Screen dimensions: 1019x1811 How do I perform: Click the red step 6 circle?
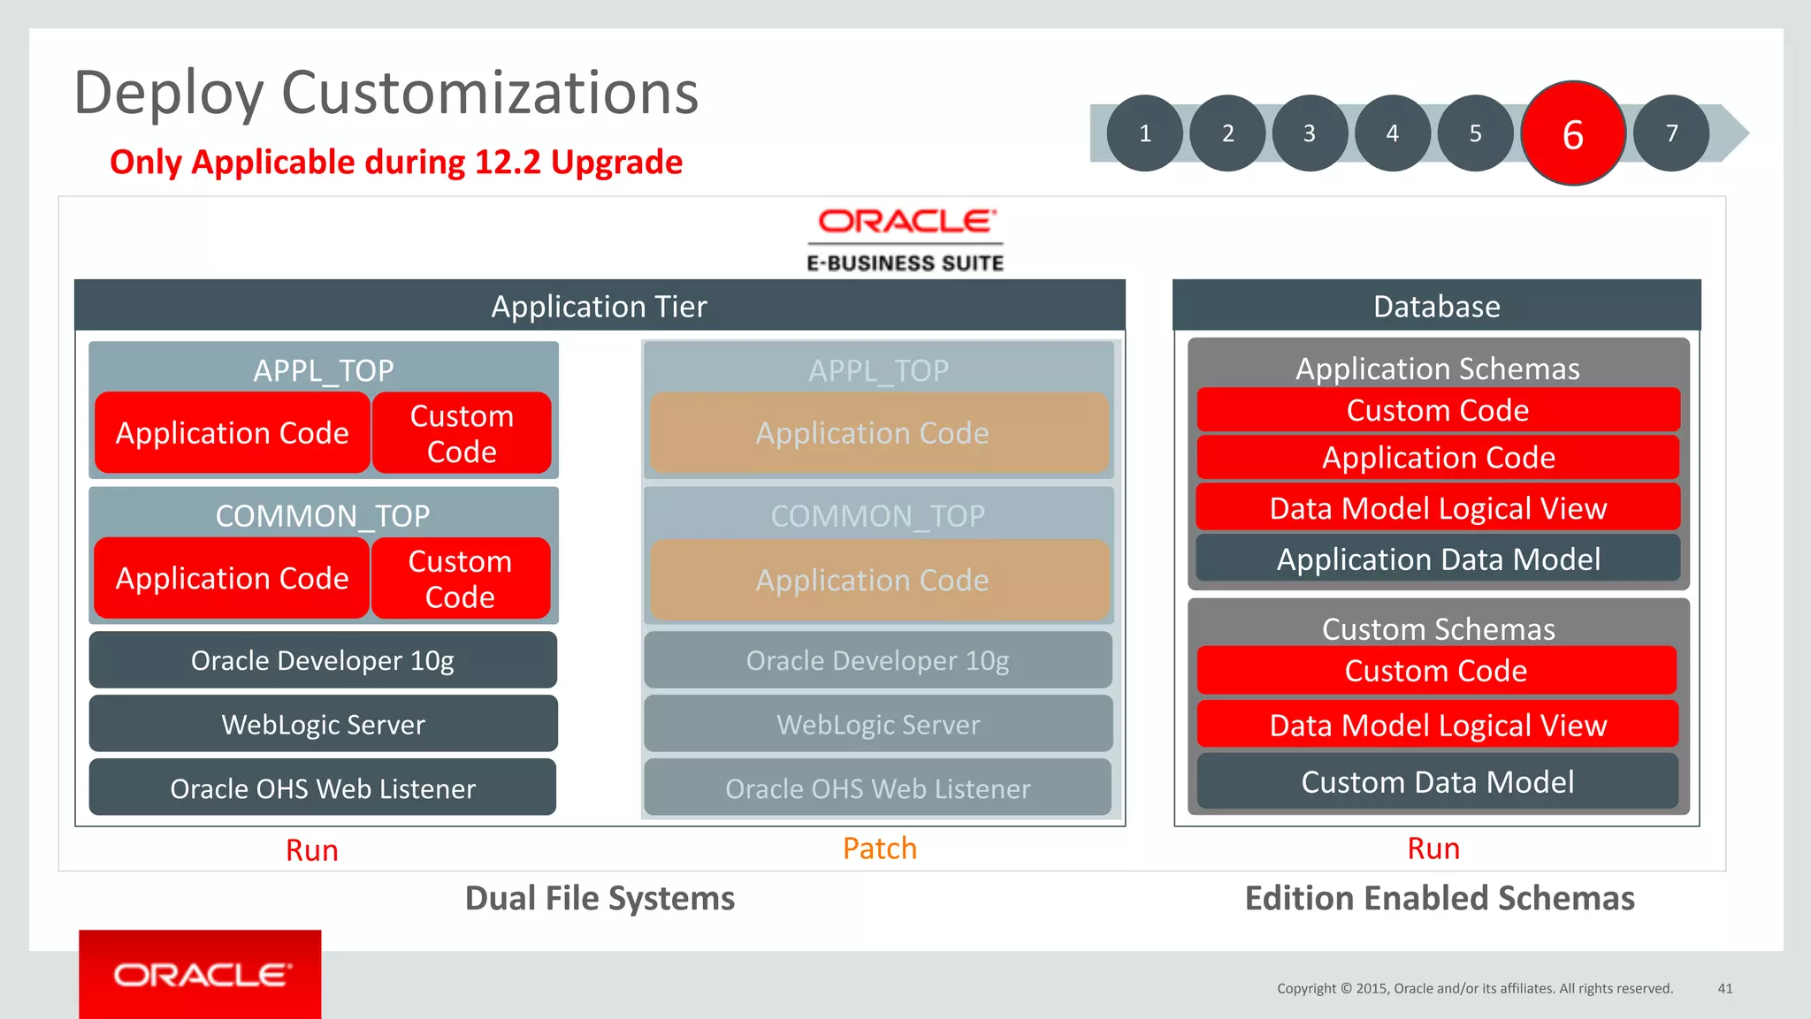pyautogui.click(x=1572, y=133)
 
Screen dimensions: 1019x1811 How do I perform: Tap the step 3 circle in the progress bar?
pyautogui.click(x=1310, y=133)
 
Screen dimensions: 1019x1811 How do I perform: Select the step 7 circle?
pyautogui.click(x=1671, y=133)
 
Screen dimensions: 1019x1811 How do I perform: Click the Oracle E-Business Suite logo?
pyautogui.click(x=905, y=240)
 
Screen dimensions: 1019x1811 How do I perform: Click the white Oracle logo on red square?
pyautogui.click(x=201, y=974)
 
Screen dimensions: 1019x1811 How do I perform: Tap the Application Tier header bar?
pyautogui.click(x=600, y=306)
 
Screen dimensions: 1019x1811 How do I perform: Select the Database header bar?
pyautogui.click(x=1436, y=306)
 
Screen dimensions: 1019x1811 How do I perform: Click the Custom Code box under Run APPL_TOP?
pyautogui.click(x=462, y=433)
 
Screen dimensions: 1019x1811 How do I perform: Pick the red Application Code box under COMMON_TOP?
pyautogui.click(x=232, y=578)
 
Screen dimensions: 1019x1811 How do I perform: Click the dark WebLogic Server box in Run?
pyautogui.click(x=323, y=724)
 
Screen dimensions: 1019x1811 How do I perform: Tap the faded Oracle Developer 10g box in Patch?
pyautogui.click(x=877, y=660)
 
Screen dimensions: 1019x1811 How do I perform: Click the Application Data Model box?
pyautogui.click(x=1438, y=559)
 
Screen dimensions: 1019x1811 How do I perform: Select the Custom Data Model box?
pyautogui.click(x=1438, y=781)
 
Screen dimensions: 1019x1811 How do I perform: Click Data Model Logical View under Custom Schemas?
pyautogui.click(x=1438, y=725)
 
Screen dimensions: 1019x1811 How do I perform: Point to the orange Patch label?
pyautogui.click(x=880, y=848)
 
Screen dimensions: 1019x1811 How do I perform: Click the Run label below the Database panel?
pyautogui.click(x=1433, y=848)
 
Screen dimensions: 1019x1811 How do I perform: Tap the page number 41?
pyautogui.click(x=1725, y=988)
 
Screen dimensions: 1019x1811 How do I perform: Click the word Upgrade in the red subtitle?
pyautogui.click(x=616, y=163)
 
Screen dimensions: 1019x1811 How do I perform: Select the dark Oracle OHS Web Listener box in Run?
pyautogui.click(x=323, y=787)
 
